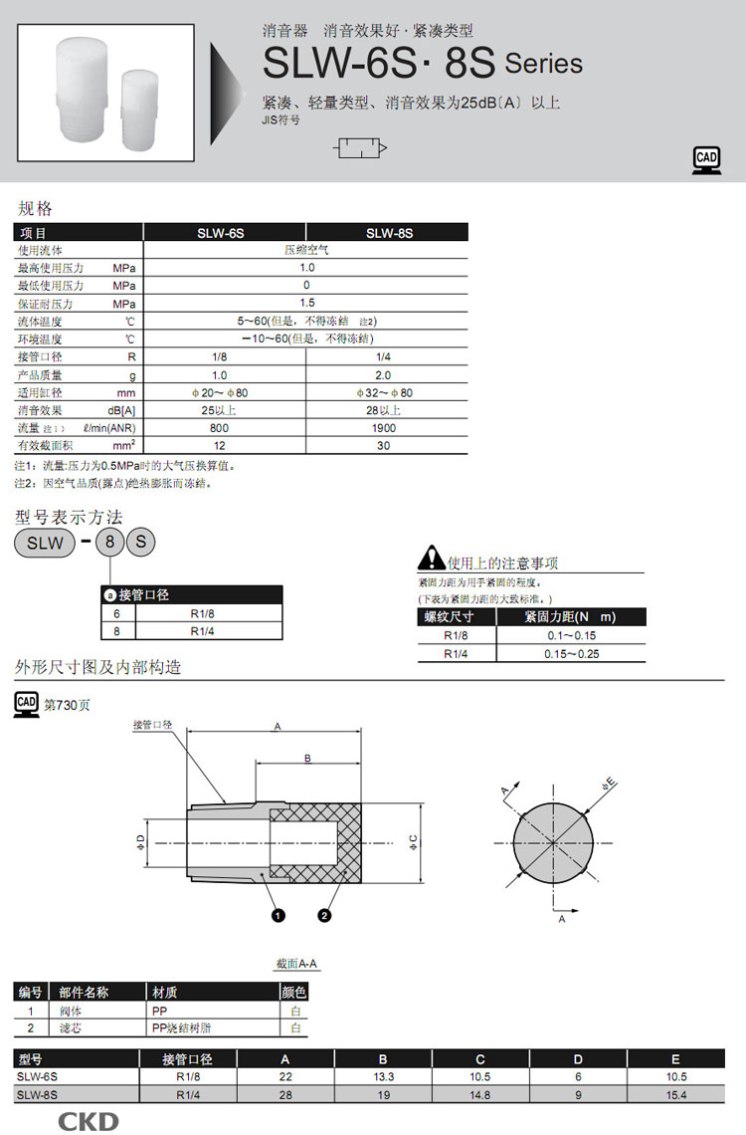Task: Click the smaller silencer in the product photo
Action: pos(141,111)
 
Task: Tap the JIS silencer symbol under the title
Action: pos(360,148)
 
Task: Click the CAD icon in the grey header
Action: pos(706,160)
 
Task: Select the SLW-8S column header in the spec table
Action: pos(389,233)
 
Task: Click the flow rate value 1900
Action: pos(383,428)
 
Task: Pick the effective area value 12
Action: pos(219,446)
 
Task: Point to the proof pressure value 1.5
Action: pos(306,304)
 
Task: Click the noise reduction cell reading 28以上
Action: pos(383,410)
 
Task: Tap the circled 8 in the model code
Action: pos(109,543)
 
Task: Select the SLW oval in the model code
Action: pos(45,543)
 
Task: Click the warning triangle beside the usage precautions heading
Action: pos(432,558)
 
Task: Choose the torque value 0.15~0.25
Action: pos(571,654)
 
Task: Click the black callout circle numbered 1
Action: pos(279,916)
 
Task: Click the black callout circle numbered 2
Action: pos(324,916)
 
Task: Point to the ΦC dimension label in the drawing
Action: pos(414,842)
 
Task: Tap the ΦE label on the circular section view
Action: pos(609,784)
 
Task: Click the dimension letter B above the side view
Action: pos(308,759)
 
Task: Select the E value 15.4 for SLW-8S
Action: pos(676,1095)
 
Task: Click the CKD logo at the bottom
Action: pos(89,1123)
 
